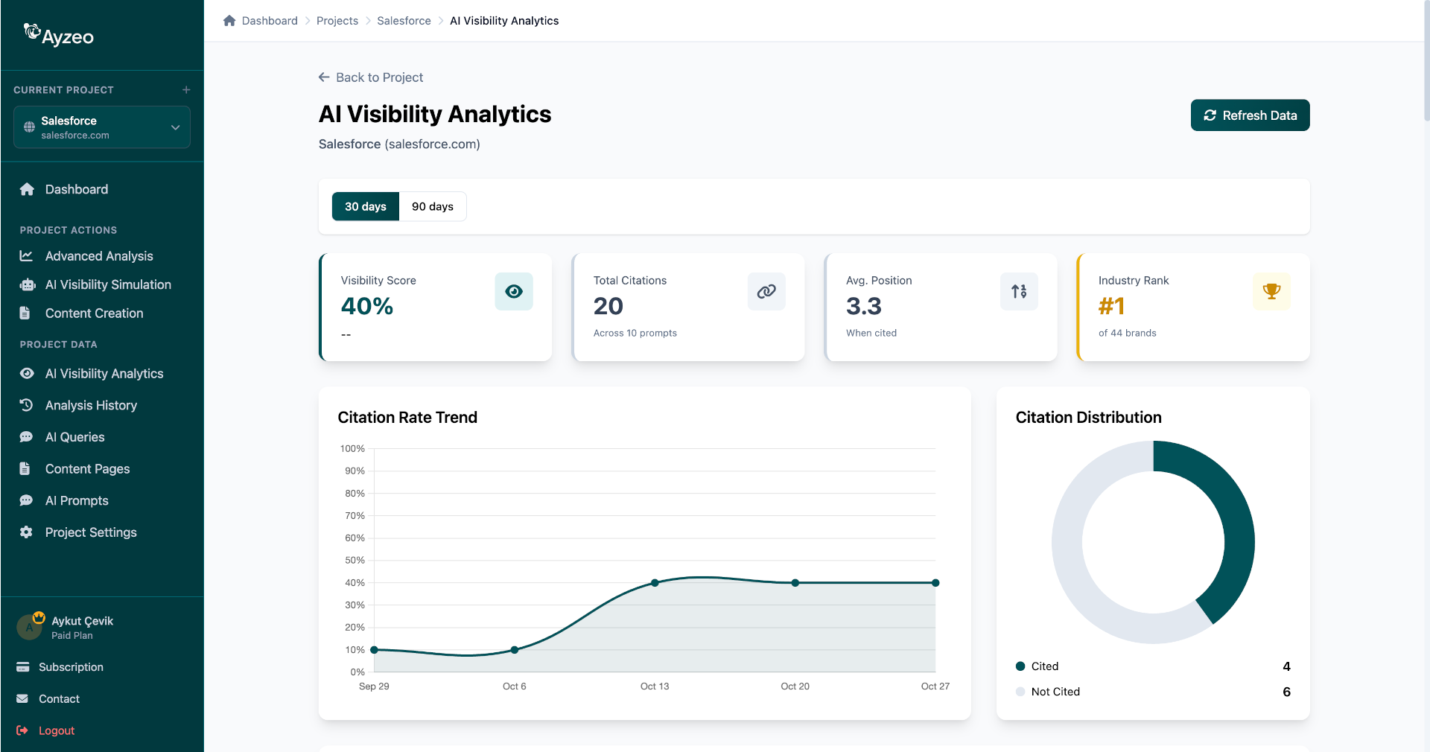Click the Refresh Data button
[x=1250, y=115]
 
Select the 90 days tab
[x=432, y=206]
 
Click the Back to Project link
[x=371, y=77]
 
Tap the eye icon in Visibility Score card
[x=514, y=291]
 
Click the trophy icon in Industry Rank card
[x=1271, y=291]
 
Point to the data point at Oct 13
[x=655, y=583]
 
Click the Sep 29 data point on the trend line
[x=374, y=650]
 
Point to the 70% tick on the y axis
[x=355, y=515]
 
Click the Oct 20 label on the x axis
[x=795, y=686]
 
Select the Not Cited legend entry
[x=1055, y=692]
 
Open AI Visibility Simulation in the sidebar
[x=108, y=284]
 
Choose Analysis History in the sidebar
[x=91, y=405]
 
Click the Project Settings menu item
[x=91, y=532]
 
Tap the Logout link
[x=56, y=730]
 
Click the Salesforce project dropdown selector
[x=102, y=127]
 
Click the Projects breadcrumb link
[x=337, y=21]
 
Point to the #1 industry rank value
[x=1111, y=306]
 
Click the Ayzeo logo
[x=60, y=35]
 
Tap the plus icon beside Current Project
[x=186, y=90]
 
